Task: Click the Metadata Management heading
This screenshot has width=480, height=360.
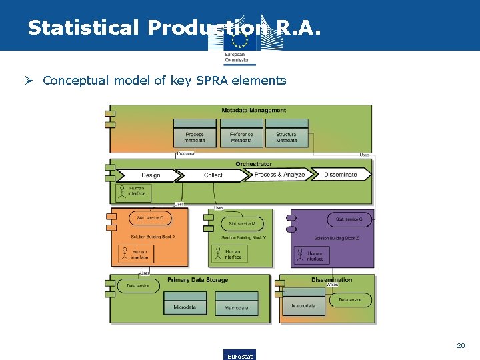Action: [253, 111]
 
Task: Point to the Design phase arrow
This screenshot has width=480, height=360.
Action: [149, 175]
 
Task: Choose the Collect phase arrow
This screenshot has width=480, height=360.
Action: [213, 175]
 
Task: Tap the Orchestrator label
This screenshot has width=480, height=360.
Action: [253, 164]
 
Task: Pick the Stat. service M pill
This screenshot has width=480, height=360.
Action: [242, 223]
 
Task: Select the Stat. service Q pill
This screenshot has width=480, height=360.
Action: [349, 219]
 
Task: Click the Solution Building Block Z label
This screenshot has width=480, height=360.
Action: [337, 238]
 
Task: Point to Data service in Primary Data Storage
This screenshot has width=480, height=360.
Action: [139, 286]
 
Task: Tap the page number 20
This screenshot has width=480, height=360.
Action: [460, 346]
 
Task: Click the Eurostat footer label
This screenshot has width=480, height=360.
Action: [240, 355]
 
